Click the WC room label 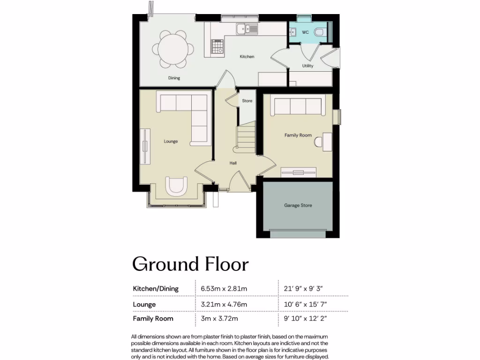(x=305, y=32)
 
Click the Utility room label (x=307, y=66)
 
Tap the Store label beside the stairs (x=247, y=101)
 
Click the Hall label (x=233, y=163)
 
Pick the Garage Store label (x=298, y=205)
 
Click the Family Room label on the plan (x=298, y=135)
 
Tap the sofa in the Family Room (x=298, y=106)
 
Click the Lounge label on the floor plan (x=171, y=141)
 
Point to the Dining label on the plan (x=174, y=78)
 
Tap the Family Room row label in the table (x=153, y=319)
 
